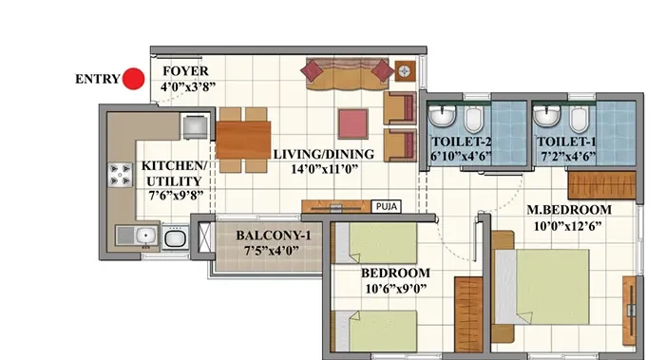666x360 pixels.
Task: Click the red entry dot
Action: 133,79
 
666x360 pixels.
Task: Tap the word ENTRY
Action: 98,79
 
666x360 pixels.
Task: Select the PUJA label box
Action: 387,206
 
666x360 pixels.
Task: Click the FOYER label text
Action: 185,71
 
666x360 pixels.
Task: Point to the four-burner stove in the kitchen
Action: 120,175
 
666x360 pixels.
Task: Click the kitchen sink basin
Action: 145,235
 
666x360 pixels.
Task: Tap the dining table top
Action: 243,140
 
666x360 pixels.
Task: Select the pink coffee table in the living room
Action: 353,123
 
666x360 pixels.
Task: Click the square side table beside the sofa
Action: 406,70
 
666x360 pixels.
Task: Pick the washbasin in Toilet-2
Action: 442,116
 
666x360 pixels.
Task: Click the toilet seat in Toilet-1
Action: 579,120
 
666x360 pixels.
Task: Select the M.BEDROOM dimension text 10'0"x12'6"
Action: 567,226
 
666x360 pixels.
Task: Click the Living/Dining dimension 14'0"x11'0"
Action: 325,169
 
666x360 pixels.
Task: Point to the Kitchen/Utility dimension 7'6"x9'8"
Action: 176,196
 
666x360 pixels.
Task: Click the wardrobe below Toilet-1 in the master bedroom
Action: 601,185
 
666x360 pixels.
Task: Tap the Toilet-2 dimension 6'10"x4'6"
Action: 461,157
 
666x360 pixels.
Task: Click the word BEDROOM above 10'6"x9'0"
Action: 395,273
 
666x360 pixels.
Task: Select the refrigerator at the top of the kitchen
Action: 196,126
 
